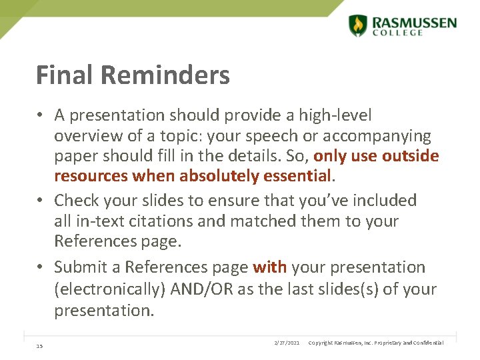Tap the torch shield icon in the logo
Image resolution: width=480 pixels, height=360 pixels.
pos(358,25)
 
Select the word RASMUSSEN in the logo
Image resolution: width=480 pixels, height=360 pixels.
pos(414,22)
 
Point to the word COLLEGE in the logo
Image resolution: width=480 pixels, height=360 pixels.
pos(398,33)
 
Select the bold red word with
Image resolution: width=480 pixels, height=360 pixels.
pos(269,267)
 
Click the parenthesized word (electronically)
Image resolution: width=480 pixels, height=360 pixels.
pos(110,289)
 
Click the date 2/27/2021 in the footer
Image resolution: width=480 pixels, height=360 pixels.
pos(287,343)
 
